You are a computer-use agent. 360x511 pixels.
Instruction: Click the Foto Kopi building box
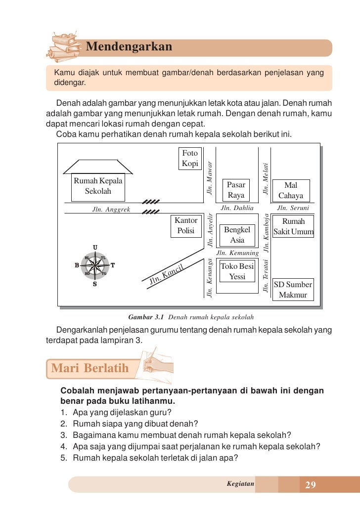pyautogui.click(x=190, y=158)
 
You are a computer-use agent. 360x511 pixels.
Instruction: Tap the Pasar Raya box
pyautogui.click(x=236, y=190)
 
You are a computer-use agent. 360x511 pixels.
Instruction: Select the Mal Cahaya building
pyautogui.click(x=291, y=191)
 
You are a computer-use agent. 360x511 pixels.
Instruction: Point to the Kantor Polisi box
pyautogui.click(x=186, y=226)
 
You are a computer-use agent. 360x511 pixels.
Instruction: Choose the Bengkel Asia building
pyautogui.click(x=237, y=235)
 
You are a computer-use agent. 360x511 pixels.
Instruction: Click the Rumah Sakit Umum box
pyautogui.click(x=293, y=227)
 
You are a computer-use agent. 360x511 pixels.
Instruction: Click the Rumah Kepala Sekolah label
pyautogui.click(x=98, y=186)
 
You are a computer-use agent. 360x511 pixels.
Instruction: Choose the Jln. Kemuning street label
pyautogui.click(x=238, y=253)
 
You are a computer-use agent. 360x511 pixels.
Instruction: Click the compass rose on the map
pyautogui.click(x=94, y=265)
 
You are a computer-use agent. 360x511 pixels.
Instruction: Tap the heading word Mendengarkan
pyautogui.click(x=129, y=47)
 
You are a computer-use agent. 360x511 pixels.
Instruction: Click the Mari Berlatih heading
pyautogui.click(x=90, y=368)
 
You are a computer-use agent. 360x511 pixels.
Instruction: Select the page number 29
pyautogui.click(x=311, y=485)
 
